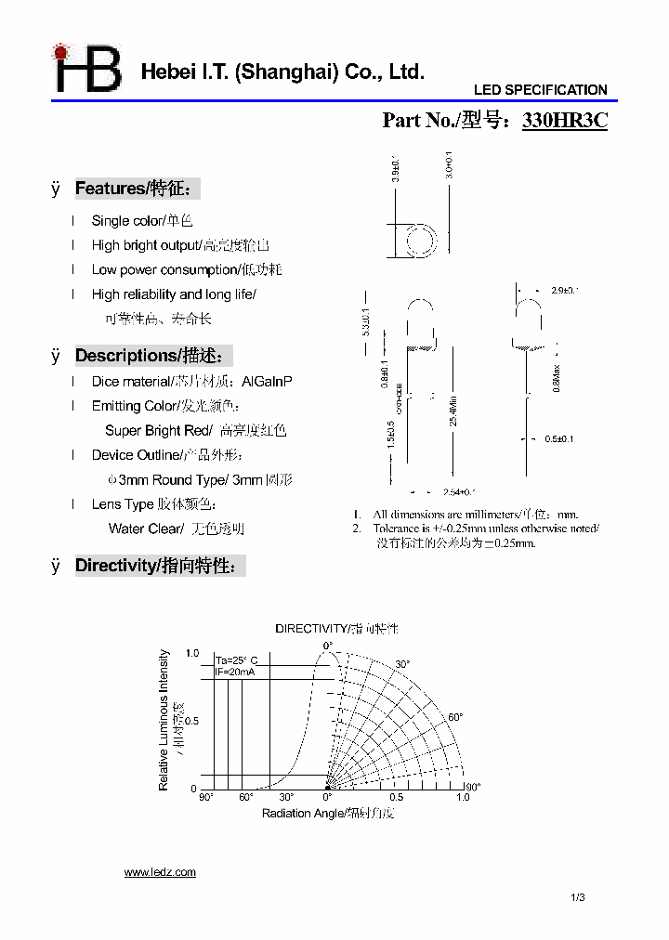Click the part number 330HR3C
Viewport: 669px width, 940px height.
point(565,121)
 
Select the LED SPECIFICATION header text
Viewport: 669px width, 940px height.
point(540,90)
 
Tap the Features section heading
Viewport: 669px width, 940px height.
point(136,189)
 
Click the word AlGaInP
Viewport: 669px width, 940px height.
point(267,382)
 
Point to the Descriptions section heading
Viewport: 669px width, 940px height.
point(152,356)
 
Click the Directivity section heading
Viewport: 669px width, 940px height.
point(160,566)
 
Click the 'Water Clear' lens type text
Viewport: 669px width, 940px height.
point(145,529)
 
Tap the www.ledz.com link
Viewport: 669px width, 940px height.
point(160,872)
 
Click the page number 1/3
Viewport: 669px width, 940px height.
point(578,897)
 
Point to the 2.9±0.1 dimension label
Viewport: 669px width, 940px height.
point(564,291)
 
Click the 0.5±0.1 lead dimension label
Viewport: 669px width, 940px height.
point(558,439)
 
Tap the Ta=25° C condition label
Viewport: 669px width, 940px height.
point(236,659)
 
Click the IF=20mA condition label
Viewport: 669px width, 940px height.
point(235,671)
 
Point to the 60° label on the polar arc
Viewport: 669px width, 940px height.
point(454,717)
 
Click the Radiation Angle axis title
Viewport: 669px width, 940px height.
point(328,814)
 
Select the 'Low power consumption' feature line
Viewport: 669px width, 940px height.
point(186,269)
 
